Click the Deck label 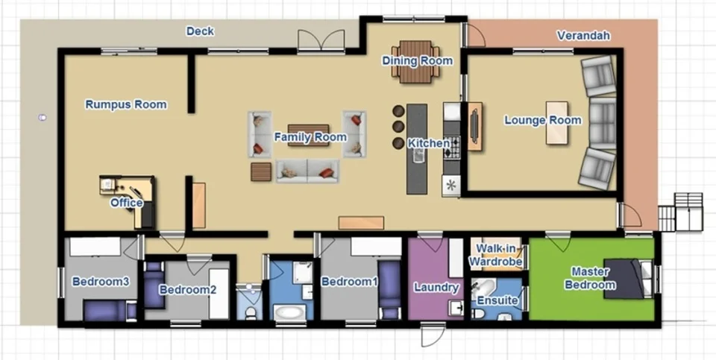200,31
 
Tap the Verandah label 583,36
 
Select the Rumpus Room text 125,104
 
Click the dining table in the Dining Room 417,60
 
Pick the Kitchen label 429,143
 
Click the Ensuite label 497,300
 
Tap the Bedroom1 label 349,282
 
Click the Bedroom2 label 187,289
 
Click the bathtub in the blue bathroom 289,312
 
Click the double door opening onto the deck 321,40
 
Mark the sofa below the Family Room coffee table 307,171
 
